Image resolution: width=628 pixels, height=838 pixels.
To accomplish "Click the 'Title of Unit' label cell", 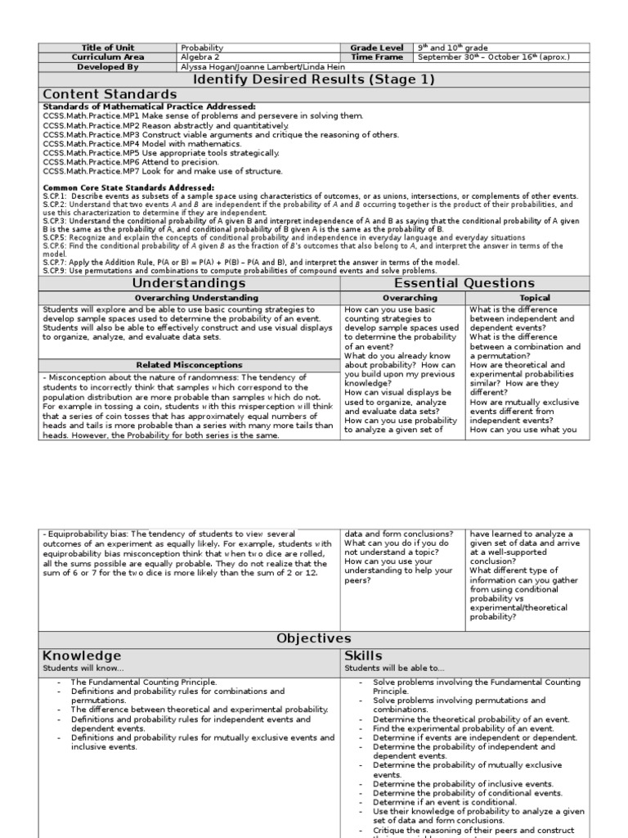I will pos(108,48).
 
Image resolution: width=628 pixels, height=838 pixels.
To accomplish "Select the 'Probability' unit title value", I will pos(202,48).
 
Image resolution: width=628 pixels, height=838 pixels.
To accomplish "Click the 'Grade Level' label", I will pos(376,48).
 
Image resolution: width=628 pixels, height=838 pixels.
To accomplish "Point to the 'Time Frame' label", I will pos(376,57).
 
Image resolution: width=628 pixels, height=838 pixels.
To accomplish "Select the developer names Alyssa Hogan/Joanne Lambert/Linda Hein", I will pos(252,67).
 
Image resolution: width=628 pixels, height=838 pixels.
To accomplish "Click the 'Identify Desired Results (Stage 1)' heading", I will pos(313,79).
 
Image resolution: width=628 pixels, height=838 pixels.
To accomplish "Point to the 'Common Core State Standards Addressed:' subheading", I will pos(128,187).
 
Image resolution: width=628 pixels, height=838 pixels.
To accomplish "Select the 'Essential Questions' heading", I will pos(464,283).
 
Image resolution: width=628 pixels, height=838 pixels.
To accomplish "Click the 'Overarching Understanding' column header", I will pos(189,298).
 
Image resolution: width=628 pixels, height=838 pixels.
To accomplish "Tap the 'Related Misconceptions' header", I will pos(189,364).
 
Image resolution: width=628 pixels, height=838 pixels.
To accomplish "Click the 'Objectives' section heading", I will pos(313,638).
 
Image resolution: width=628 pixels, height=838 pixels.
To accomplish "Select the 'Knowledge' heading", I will pos(82,656).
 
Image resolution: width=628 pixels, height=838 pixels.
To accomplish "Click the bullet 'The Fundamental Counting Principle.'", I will pos(143,682).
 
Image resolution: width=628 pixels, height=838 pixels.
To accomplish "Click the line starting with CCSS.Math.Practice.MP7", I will pos(151,171).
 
